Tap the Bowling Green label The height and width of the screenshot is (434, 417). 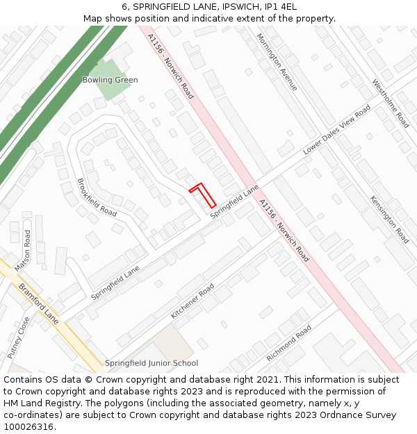pos(110,80)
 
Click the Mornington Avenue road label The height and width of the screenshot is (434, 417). pos(277,62)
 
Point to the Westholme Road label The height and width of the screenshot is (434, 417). pos(391,103)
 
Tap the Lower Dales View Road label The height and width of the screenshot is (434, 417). pos(337,131)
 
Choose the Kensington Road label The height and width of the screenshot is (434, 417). pos(389,219)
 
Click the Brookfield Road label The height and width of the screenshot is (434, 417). pos(97,197)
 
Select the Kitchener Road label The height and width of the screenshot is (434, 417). pos(193,301)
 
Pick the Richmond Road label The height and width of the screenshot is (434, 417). pos(289,344)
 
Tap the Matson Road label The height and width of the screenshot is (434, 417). pos(23,251)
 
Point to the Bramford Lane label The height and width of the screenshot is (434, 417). pos(39,303)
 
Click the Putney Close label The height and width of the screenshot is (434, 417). pos(19,337)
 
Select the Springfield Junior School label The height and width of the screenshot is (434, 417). pos(152,363)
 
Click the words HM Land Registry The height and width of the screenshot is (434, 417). pos(38,403)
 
